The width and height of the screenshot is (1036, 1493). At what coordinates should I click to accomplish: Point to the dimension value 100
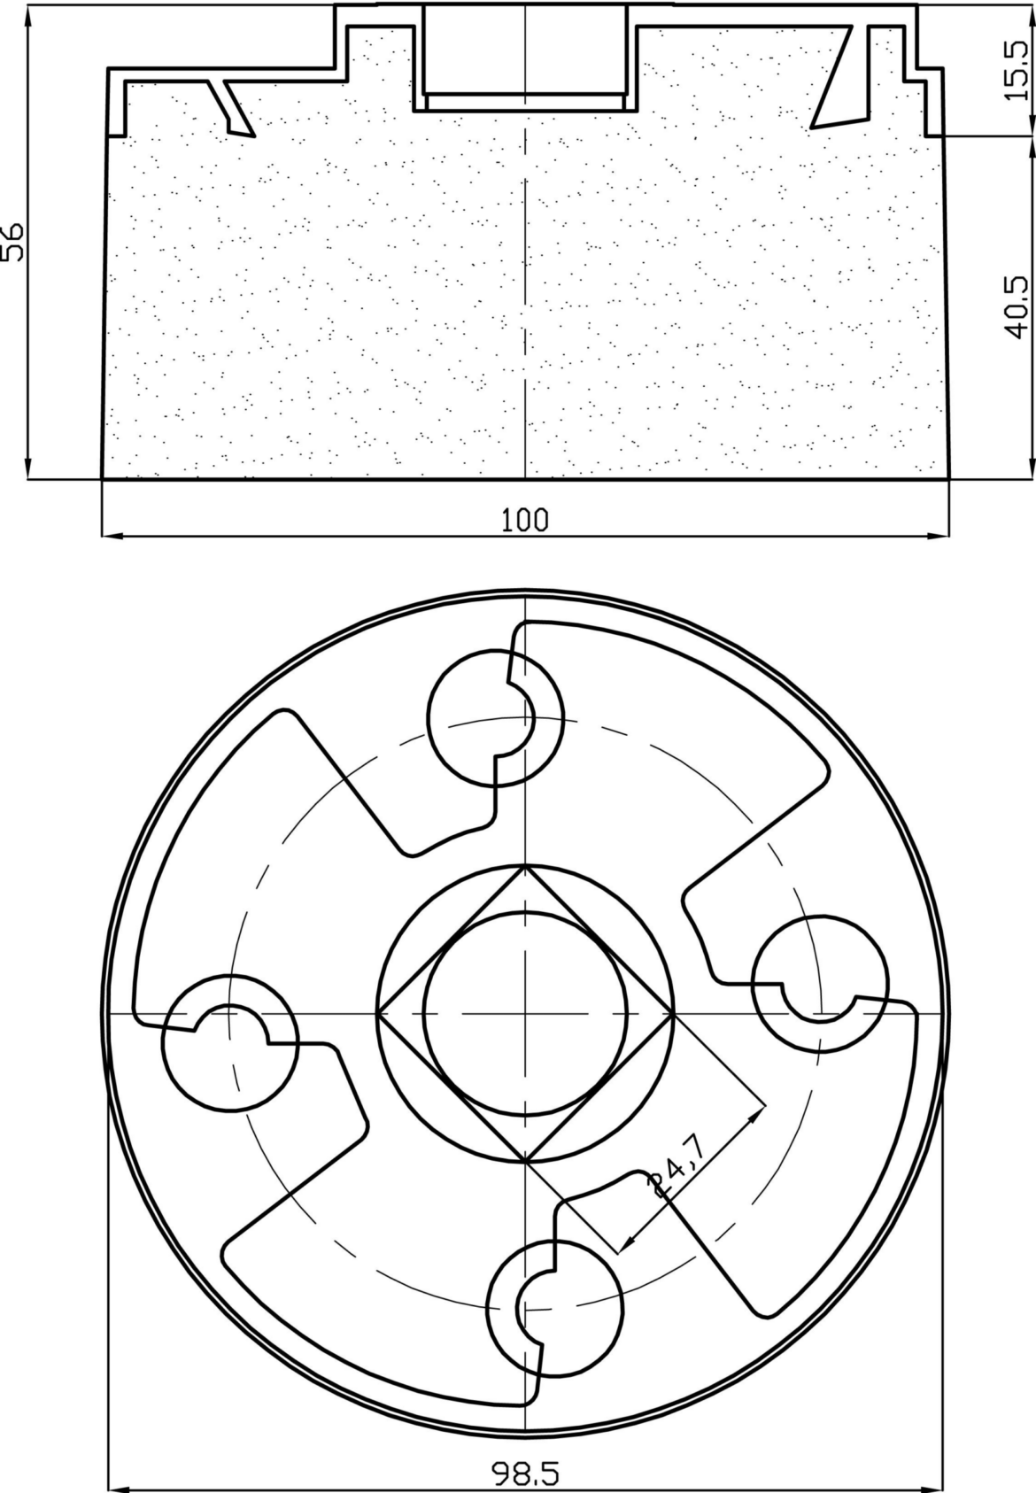coord(525,520)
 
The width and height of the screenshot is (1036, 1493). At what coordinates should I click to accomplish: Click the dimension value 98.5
coord(525,1474)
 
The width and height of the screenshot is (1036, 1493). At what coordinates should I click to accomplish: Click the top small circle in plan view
coord(495,717)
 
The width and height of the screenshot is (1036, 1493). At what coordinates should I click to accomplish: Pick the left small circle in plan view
coord(230,1043)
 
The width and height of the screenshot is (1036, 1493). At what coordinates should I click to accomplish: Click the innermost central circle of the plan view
coord(525,1012)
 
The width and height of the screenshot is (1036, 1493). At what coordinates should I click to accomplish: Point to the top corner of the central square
coord(525,865)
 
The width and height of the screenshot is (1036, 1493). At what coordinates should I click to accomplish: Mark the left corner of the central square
coord(378,1012)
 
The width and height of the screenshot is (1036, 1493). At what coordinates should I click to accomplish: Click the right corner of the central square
coord(673,1012)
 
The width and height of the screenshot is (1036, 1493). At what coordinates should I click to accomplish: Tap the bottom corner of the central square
coord(525,1160)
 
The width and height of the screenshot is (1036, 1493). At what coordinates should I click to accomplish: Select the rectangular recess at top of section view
coord(525,51)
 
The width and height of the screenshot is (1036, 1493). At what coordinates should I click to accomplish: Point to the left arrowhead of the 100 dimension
coord(110,536)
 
